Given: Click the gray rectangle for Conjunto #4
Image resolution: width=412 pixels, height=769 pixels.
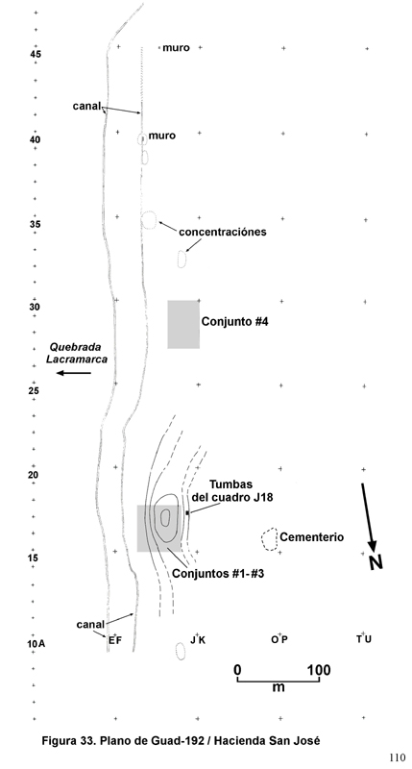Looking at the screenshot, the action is (183, 324).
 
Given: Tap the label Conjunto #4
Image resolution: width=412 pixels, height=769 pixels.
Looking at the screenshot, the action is (235, 322).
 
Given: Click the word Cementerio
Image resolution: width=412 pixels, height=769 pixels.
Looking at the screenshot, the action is (311, 537).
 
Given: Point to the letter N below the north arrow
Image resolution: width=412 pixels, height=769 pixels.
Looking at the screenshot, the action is (376, 562).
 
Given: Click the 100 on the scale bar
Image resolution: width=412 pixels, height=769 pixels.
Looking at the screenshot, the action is (319, 670).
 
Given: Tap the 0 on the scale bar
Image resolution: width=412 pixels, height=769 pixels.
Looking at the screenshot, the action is (237, 670).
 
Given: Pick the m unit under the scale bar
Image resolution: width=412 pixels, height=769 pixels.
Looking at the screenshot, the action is (279, 687).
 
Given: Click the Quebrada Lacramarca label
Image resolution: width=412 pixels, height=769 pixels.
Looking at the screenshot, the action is (77, 353).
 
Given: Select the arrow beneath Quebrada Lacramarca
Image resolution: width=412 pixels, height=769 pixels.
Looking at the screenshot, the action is (74, 373).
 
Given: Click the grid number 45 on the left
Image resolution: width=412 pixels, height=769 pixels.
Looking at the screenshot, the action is (36, 55).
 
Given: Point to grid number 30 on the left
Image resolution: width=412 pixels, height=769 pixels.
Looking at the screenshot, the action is (35, 308).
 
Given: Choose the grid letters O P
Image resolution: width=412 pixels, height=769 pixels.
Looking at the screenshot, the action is (279, 639).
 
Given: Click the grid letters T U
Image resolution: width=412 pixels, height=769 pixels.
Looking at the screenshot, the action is (363, 639).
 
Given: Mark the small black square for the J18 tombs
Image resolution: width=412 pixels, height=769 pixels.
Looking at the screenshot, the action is (187, 513).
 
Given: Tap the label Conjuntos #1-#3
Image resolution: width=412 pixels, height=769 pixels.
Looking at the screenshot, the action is (218, 574).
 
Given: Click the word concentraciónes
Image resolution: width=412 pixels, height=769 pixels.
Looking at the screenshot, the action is (223, 232).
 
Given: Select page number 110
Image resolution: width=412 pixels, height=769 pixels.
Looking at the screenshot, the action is (398, 757).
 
